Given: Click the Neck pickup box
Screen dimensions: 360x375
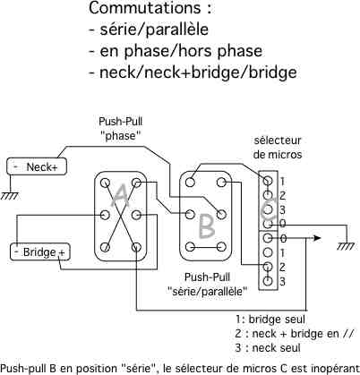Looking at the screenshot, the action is point(37,166).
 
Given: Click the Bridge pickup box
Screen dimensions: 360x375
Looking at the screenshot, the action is point(40,252).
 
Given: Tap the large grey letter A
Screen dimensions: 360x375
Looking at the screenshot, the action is point(120,195).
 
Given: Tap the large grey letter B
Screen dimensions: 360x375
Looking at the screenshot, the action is point(206,226).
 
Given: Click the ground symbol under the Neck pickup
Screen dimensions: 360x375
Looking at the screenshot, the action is point(10,196).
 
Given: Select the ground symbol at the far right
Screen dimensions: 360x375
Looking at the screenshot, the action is point(347,246).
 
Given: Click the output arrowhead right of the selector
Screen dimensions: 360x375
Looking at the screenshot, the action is point(317,238).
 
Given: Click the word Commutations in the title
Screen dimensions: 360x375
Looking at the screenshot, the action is point(145,8).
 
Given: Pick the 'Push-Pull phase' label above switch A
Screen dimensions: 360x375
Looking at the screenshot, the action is point(121,129).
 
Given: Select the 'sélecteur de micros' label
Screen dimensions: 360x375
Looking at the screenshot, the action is point(278,148).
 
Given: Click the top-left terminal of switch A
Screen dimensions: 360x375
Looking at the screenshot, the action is point(105,183).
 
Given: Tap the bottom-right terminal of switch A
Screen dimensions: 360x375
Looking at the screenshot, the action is point(136,247).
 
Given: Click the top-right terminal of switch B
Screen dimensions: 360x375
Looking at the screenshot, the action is point(221,183).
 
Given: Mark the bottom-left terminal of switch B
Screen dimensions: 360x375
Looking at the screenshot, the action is point(190,247).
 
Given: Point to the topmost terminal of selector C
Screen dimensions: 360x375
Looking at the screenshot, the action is point(268,181).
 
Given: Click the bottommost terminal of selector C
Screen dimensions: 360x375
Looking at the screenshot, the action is point(268,281).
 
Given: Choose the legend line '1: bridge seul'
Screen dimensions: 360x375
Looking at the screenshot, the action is point(270,320).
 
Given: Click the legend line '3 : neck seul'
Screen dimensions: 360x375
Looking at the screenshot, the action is point(268,348).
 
